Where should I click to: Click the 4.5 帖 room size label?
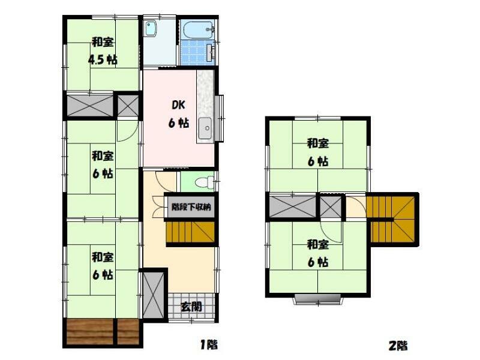click(102, 59)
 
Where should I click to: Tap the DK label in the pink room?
click(178, 106)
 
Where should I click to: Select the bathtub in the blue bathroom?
click(199, 29)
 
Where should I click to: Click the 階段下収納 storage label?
click(191, 207)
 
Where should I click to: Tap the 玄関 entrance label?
click(191, 307)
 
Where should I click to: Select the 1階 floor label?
click(209, 344)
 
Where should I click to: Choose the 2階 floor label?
click(398, 346)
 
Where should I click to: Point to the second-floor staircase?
click(391, 218)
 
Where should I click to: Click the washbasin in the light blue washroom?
click(150, 28)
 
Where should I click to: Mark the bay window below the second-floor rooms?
click(317, 299)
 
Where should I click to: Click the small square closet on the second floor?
click(331, 206)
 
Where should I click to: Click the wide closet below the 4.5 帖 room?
click(90, 106)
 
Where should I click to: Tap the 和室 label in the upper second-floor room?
click(318, 143)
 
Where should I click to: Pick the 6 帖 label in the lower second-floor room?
click(318, 262)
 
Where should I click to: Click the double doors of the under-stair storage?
click(158, 206)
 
